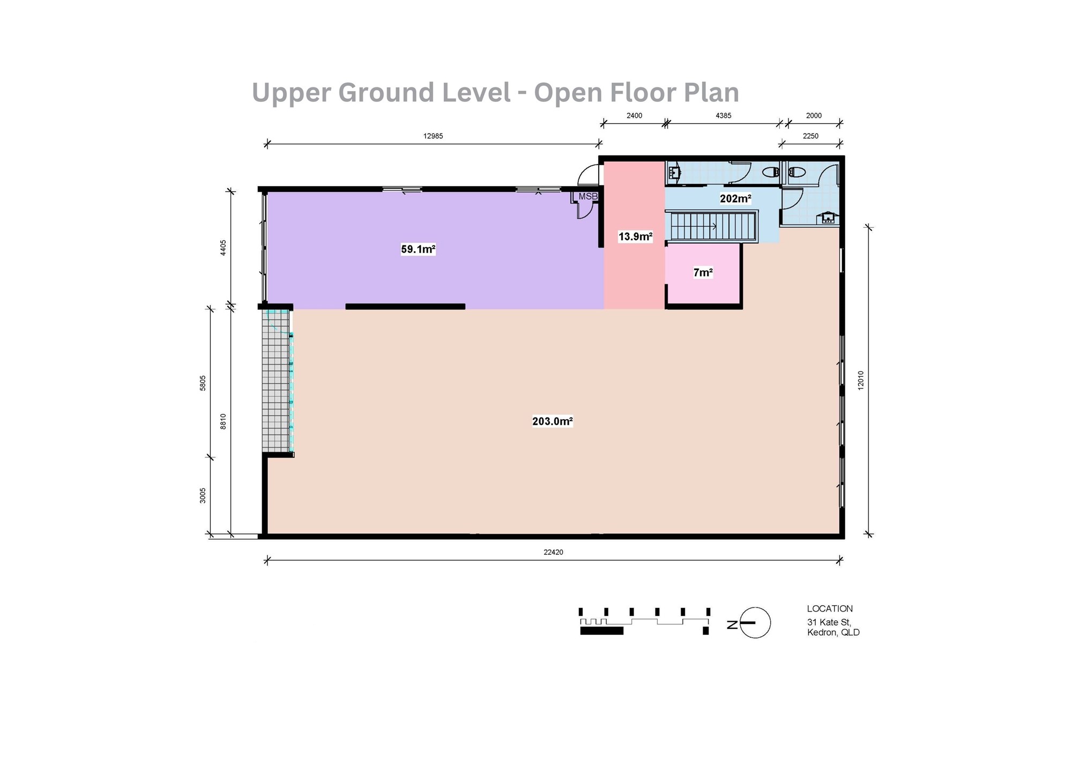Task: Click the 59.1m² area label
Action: click(x=418, y=249)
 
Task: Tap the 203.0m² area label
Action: click(x=553, y=421)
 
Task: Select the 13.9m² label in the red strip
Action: click(x=635, y=236)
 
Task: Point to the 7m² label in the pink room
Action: click(x=703, y=273)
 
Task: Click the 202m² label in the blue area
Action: click(x=735, y=199)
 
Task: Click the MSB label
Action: click(x=588, y=197)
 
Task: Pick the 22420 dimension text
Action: click(x=553, y=552)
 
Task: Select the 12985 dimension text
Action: click(x=433, y=136)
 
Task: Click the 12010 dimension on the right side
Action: click(x=861, y=380)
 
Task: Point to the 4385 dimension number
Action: click(x=724, y=116)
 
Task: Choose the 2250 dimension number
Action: click(x=810, y=136)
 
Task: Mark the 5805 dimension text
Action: click(x=203, y=383)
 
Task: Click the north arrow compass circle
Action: click(x=755, y=623)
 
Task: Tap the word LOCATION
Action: click(x=830, y=609)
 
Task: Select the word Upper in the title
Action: click(x=289, y=93)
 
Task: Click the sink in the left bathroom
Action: click(x=674, y=173)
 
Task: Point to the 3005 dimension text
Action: click(x=203, y=495)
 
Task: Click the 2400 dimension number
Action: click(x=634, y=116)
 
